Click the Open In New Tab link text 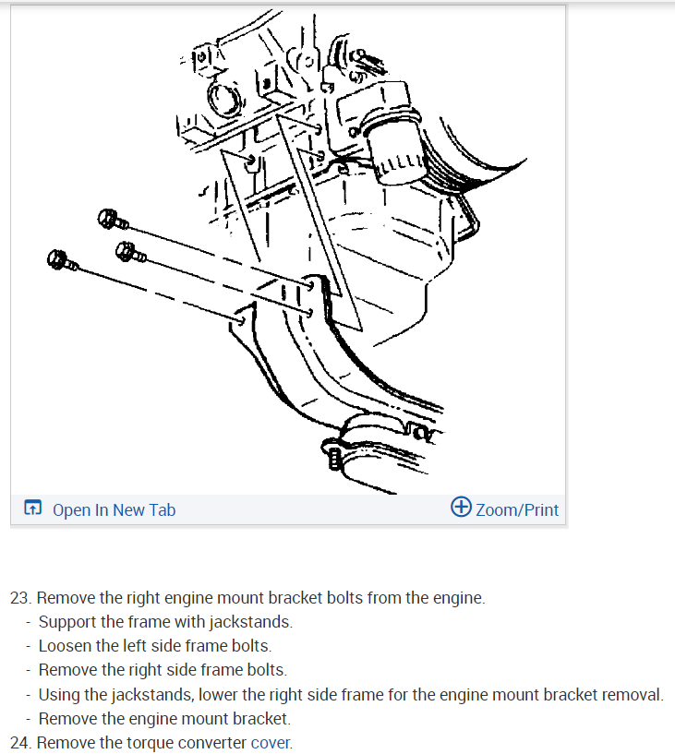point(114,509)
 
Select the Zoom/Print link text point(516,509)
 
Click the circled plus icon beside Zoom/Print point(461,508)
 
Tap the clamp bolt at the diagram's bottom point(334,454)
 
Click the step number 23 point(20,597)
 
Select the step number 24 point(20,742)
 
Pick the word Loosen point(65,646)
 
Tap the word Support point(67,622)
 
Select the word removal point(633,694)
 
